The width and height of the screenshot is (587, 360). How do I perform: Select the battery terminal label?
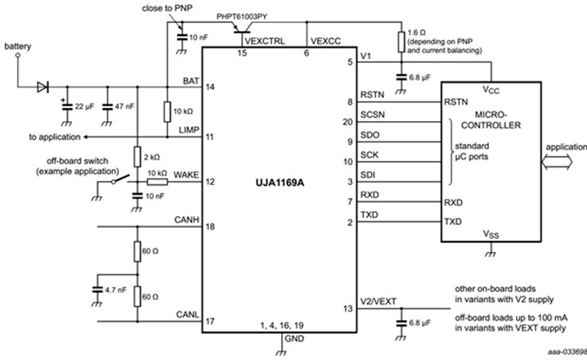coord(17,47)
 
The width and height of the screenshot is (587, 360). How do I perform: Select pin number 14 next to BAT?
coord(210,86)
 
